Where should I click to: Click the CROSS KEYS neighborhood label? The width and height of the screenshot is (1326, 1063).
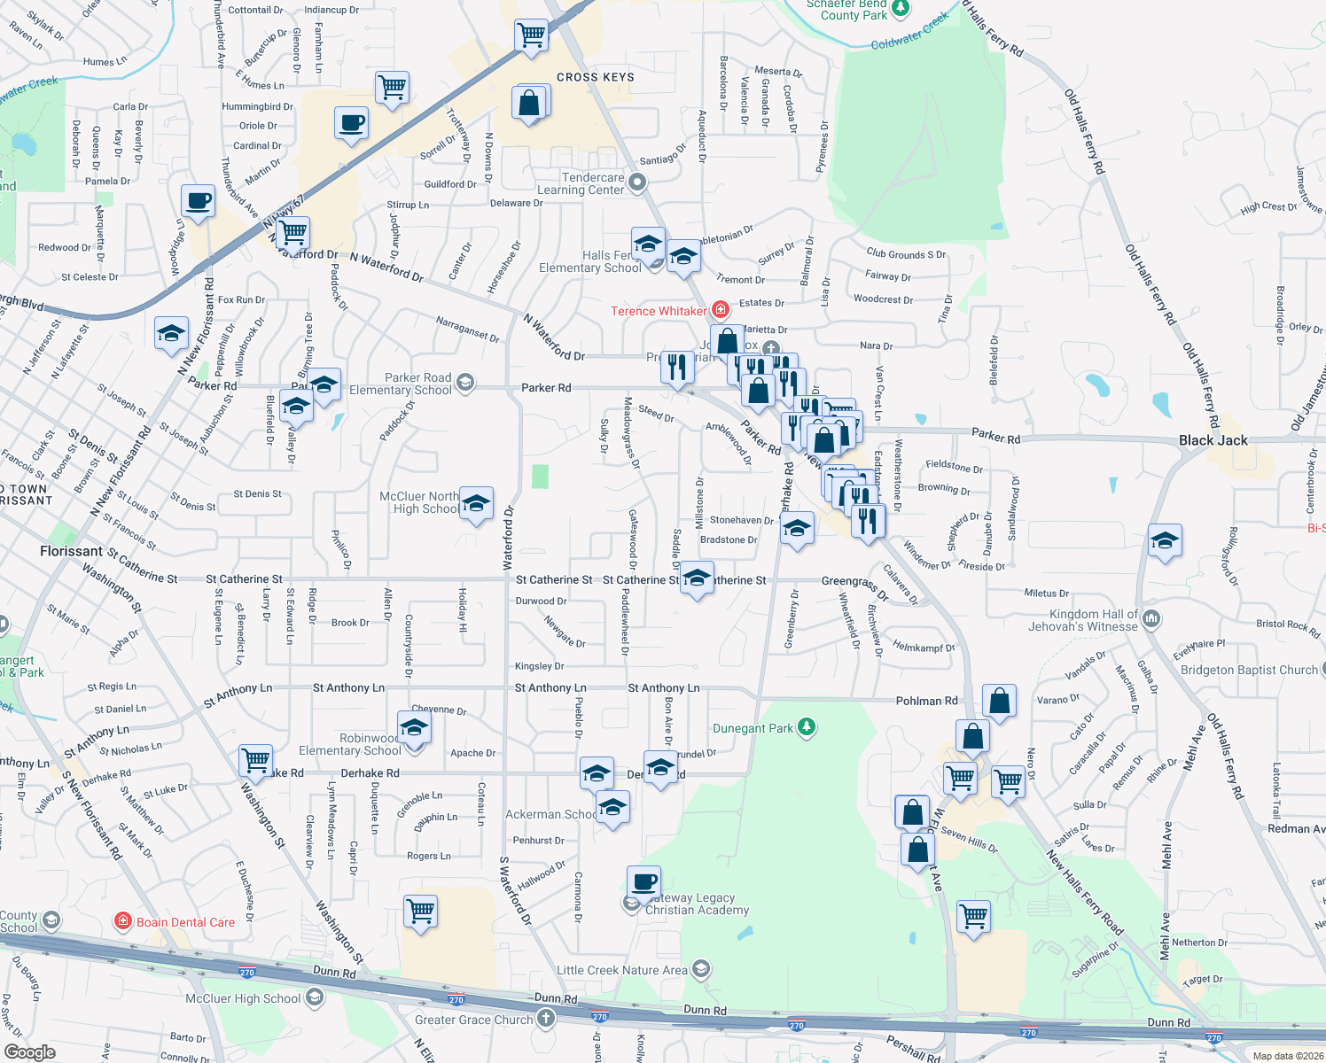(595, 77)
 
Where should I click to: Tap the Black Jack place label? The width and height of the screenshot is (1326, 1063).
(1213, 440)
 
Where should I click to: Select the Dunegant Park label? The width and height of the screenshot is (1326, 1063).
(753, 728)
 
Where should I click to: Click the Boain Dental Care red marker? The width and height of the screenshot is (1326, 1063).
(123, 922)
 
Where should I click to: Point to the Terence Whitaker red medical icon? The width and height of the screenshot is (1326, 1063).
(721, 310)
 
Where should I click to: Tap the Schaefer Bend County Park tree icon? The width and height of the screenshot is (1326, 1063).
(901, 9)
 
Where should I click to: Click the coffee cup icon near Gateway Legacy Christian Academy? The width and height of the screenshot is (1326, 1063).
(643, 882)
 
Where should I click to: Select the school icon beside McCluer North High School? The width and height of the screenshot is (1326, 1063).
(476, 504)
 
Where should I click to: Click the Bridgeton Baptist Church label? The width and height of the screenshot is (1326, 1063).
(1249, 670)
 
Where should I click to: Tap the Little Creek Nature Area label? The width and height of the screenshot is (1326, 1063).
(621, 970)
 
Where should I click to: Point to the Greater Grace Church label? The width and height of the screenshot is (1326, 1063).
(473, 1020)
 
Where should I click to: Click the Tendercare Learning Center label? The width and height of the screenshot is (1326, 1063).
(581, 183)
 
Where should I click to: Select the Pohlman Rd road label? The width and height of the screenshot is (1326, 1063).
(926, 701)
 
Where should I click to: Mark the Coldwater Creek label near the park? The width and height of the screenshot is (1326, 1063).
(909, 32)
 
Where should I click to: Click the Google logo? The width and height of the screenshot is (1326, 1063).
(29, 1052)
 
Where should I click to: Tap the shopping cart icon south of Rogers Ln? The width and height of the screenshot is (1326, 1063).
(420, 912)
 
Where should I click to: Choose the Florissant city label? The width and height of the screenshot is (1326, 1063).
(71, 551)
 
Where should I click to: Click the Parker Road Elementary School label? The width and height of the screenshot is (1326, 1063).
(401, 384)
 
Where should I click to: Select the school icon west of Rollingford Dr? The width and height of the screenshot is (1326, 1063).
(1164, 540)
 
